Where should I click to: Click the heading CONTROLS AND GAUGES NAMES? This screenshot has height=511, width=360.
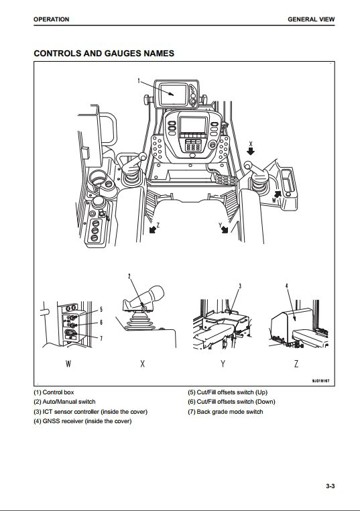[104, 53]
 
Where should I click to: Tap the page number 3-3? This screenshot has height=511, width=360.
[331, 486]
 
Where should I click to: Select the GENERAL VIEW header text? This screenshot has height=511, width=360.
[311, 19]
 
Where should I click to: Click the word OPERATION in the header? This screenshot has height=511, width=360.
[51, 19]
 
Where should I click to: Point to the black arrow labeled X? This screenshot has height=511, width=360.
[251, 151]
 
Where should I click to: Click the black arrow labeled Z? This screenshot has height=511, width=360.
[152, 229]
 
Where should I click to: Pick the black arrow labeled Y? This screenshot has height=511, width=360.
[225, 229]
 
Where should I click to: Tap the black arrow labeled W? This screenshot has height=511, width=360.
[277, 194]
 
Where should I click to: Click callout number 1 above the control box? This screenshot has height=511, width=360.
[139, 81]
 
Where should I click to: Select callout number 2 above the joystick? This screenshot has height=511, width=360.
[129, 277]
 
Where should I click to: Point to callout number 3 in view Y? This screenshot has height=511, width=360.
[240, 286]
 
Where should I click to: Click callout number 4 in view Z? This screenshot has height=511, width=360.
[287, 286]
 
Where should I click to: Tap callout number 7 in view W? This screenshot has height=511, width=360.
[101, 338]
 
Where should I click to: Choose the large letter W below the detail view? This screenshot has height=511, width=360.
[68, 363]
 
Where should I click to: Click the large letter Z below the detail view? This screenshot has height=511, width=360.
[296, 363]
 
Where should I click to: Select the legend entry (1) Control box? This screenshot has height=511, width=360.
[54, 392]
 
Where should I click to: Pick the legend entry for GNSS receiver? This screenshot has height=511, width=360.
[82, 421]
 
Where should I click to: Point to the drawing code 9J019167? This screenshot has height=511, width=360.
[320, 381]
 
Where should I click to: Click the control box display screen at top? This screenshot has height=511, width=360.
[174, 95]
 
